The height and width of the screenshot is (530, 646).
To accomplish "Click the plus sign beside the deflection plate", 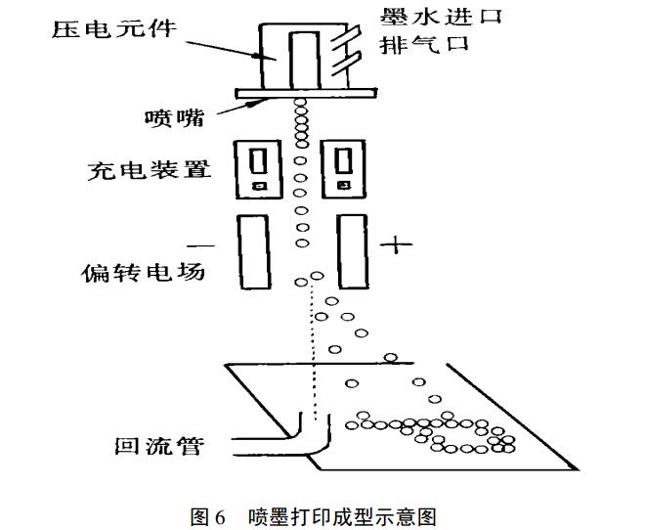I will [394, 243].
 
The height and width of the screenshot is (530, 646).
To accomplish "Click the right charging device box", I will [342, 167].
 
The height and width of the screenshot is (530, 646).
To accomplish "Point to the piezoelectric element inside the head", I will [304, 56].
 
